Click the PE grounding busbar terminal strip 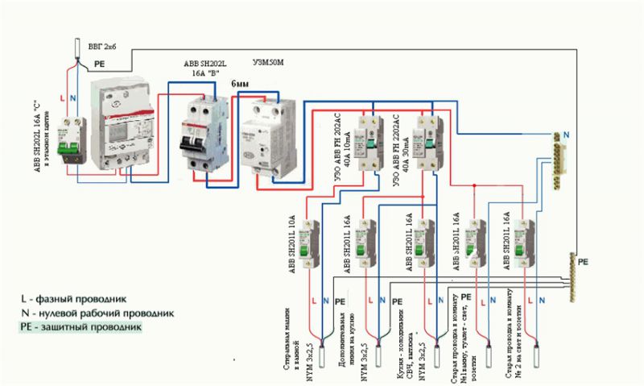(x=572, y=278)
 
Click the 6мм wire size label (x=240, y=84)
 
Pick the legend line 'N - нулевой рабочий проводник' (x=86, y=313)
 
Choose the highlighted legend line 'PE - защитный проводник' (x=80, y=328)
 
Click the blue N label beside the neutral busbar (x=567, y=134)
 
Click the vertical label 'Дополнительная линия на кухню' (x=348, y=326)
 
